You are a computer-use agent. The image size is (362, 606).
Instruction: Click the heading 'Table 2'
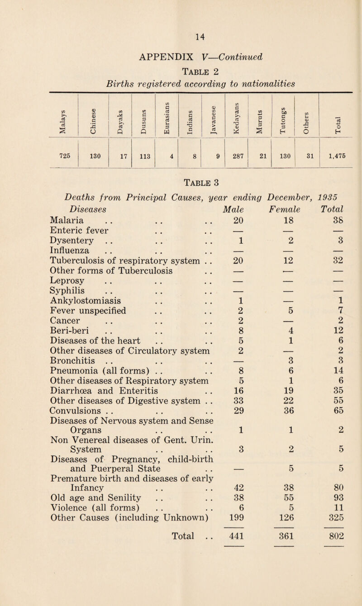point(181,75)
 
